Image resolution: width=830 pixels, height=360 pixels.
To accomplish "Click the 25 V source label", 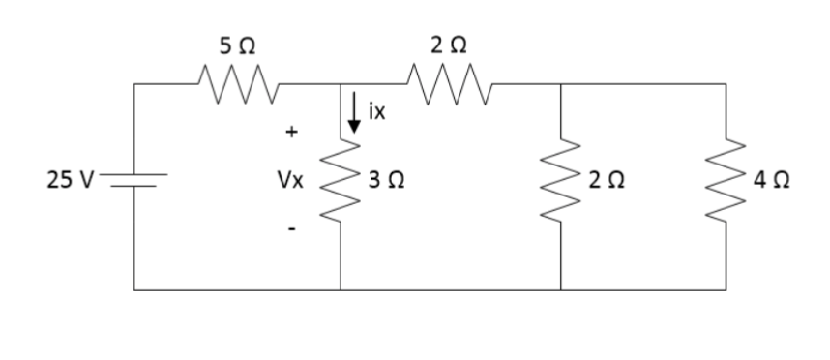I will [x=69, y=179].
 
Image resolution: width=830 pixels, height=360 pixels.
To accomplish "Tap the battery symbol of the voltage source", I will [x=134, y=179].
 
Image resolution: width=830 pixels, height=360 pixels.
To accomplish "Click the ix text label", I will [x=376, y=113].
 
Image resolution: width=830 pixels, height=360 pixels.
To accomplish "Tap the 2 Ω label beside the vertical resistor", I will [x=607, y=180].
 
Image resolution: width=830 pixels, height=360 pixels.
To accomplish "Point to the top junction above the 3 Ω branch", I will [x=341, y=84].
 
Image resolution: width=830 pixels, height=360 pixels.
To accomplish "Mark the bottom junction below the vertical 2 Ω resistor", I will [x=561, y=288].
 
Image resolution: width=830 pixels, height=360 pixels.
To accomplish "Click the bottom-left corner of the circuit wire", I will [x=134, y=288].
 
